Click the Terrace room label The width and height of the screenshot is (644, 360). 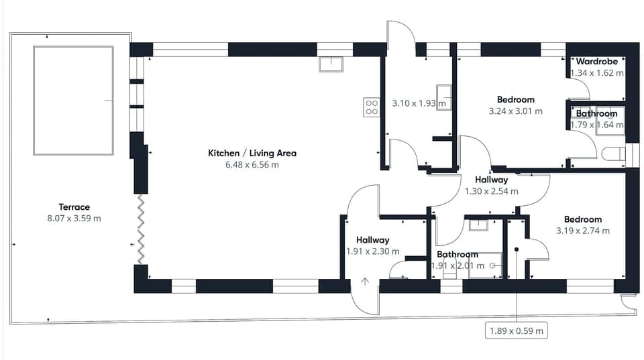(74, 207)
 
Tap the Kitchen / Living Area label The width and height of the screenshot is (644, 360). (252, 153)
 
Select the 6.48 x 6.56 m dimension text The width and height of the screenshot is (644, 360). (252, 164)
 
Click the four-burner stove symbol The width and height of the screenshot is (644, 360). (371, 107)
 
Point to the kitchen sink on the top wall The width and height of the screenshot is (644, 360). (331, 64)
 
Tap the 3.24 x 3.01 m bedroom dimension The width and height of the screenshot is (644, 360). (516, 111)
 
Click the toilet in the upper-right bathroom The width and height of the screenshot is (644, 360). (612, 154)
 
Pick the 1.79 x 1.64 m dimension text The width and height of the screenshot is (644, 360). (596, 125)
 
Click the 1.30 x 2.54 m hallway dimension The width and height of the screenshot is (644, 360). (492, 191)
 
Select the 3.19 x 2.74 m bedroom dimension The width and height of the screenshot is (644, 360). (583, 231)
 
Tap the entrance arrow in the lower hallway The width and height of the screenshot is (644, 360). (365, 282)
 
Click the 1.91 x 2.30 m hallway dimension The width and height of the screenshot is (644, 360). (372, 251)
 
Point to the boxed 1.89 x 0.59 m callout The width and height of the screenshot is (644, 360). (516, 331)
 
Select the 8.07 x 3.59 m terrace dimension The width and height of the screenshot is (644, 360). (74, 219)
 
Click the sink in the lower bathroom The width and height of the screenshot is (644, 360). (478, 225)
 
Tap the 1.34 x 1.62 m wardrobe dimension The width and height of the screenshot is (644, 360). (596, 72)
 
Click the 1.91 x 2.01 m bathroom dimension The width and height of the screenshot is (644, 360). (456, 265)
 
